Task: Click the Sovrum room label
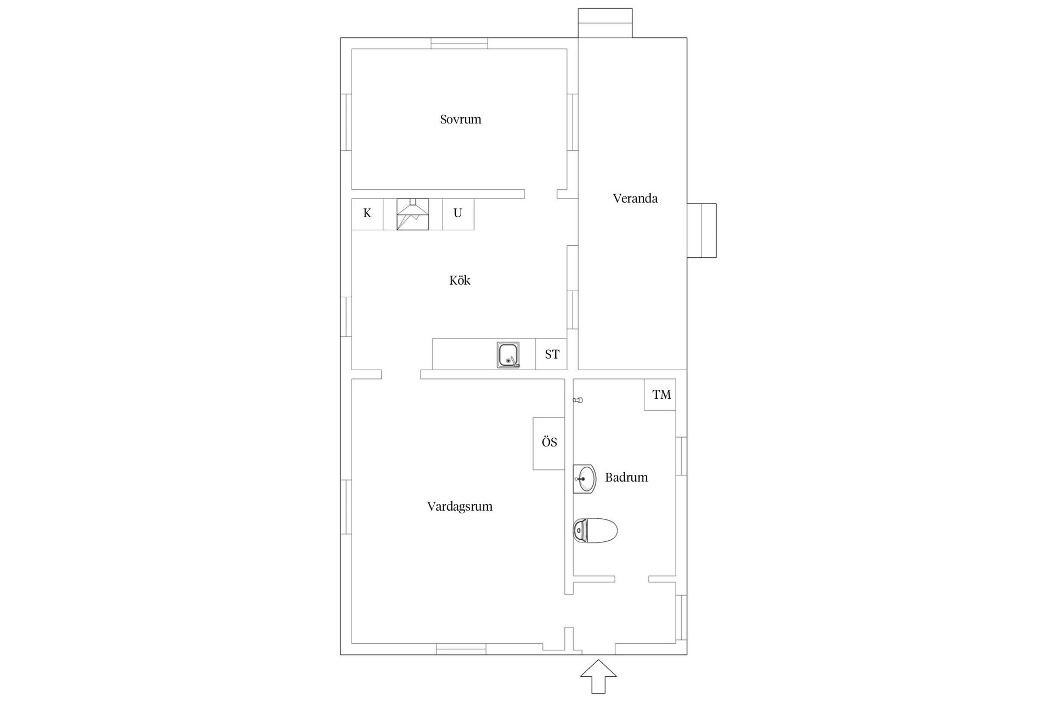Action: click(461, 119)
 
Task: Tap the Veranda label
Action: click(635, 198)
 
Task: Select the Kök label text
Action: click(460, 280)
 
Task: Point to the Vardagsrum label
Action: click(460, 506)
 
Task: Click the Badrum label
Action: click(626, 477)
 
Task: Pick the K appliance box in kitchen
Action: click(367, 214)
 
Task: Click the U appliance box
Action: click(458, 214)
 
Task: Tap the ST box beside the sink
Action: click(551, 354)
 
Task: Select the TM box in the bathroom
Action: click(660, 394)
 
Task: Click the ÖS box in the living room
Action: click(549, 443)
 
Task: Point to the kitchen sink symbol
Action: click(508, 355)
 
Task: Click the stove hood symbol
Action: click(412, 214)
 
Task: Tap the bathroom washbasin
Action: click(585, 479)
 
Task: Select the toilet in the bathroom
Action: click(595, 530)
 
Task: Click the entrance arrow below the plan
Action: click(598, 677)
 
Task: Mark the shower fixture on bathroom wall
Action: click(578, 400)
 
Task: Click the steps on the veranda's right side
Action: click(702, 230)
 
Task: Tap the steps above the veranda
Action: click(605, 23)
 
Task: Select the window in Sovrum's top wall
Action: click(459, 43)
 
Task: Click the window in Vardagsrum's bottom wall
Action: click(461, 649)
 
